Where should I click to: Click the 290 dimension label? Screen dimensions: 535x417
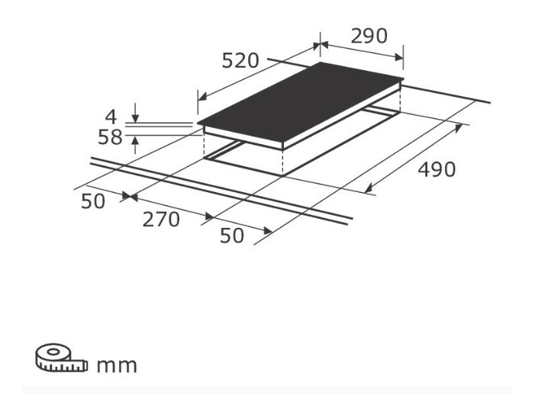(x=369, y=36)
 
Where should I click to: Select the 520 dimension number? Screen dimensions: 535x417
(x=240, y=61)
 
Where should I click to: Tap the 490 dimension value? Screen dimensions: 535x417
(x=437, y=169)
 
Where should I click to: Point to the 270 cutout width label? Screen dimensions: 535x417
(x=161, y=220)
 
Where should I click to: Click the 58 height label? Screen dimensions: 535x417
(x=110, y=138)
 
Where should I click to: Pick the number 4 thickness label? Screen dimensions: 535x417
(x=111, y=117)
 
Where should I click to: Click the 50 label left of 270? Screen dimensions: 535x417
(x=93, y=201)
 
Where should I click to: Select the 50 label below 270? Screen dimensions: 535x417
(x=232, y=236)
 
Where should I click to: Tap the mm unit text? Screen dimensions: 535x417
(x=117, y=366)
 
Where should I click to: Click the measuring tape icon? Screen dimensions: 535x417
(x=61, y=358)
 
